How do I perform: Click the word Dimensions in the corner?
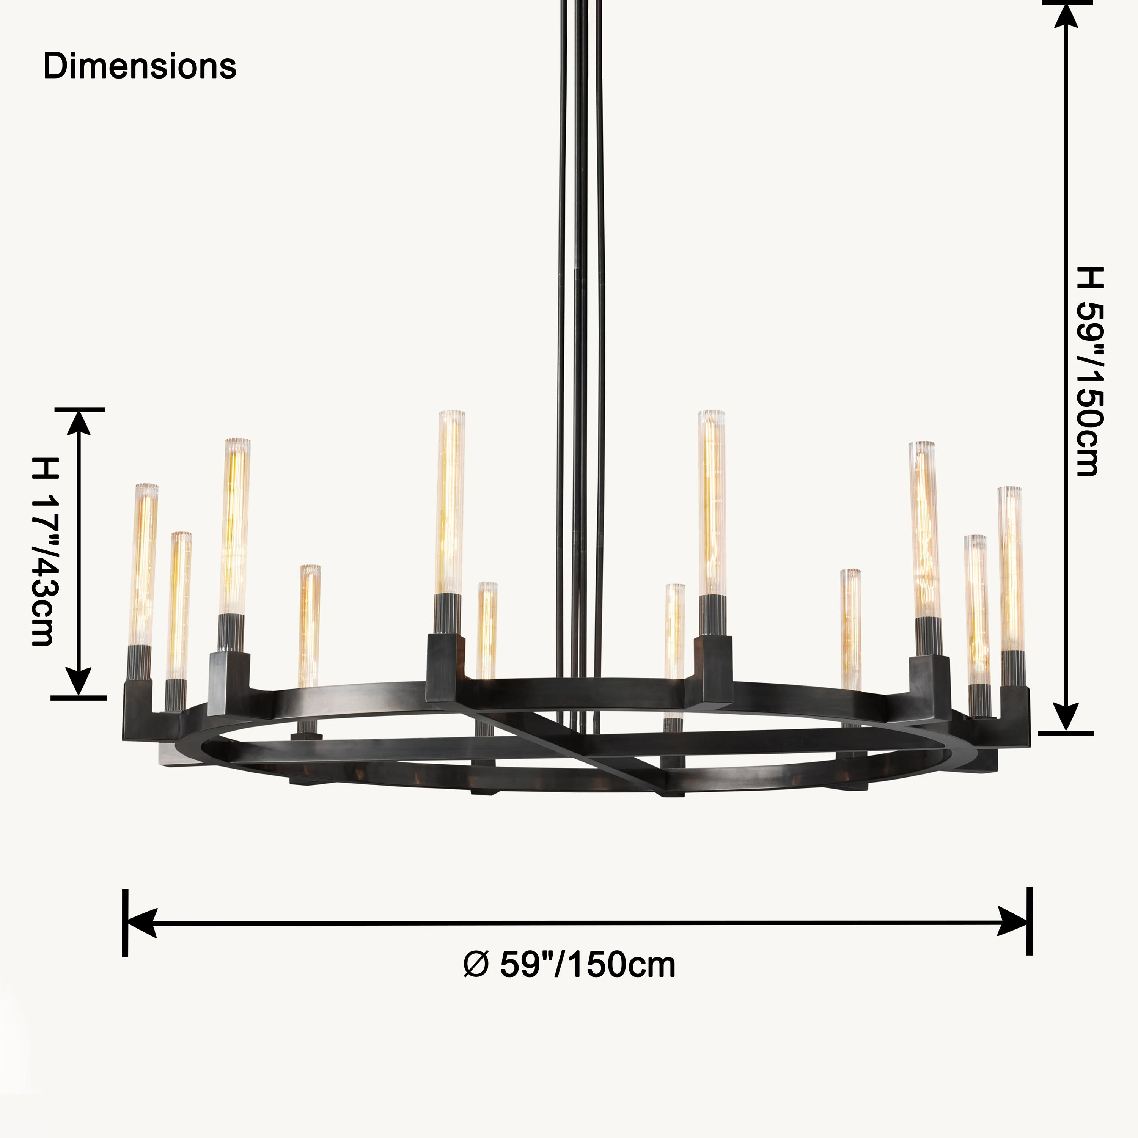[x=140, y=66]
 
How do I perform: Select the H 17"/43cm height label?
[x=44, y=552]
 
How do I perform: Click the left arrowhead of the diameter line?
[x=142, y=923]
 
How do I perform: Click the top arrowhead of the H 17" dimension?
[x=79, y=423]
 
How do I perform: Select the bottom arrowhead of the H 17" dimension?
[x=79, y=683]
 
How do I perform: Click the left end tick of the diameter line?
[x=125, y=923]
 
